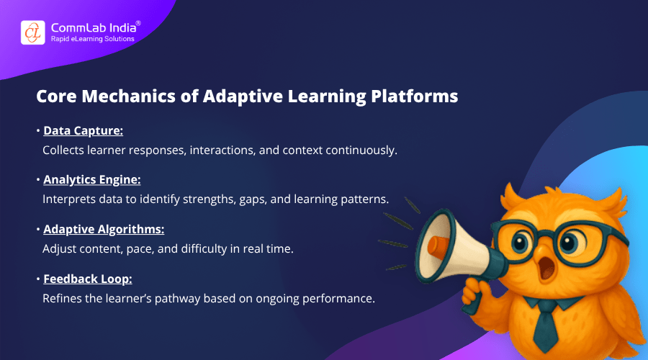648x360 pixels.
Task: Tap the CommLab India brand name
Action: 91,27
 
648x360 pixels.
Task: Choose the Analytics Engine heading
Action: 93,180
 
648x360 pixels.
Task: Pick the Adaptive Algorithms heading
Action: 104,229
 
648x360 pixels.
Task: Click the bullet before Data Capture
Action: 39,132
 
